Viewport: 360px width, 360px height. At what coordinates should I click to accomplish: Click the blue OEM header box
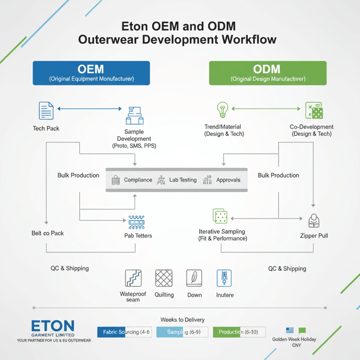point(91,73)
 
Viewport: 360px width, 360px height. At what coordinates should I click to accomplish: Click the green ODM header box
point(267,73)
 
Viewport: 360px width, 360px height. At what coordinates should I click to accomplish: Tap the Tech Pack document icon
point(46,111)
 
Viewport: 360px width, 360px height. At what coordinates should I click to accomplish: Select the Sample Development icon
point(134,116)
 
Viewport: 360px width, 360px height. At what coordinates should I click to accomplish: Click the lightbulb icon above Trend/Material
point(222,110)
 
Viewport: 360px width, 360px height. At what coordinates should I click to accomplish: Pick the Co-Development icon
point(313,111)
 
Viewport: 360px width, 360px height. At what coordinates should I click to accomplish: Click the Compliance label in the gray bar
point(138,180)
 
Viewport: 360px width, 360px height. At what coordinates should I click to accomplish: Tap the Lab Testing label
point(183,180)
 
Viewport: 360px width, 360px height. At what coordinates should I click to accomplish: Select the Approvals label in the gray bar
point(228,180)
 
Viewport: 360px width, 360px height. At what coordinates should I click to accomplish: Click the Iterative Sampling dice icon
point(220,217)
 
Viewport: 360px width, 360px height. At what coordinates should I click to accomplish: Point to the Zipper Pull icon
point(314,221)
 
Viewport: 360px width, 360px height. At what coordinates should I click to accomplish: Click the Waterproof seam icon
point(133,278)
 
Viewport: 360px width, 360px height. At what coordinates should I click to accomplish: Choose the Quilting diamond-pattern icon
point(164,278)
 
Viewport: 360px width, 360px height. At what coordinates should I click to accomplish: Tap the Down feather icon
point(194,278)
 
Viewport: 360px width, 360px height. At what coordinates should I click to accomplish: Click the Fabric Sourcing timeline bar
point(124,332)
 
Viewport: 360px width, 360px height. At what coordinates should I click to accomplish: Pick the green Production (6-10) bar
point(239,332)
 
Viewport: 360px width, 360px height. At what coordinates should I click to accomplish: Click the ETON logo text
point(52,326)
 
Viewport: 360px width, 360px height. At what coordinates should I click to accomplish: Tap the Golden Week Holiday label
point(294,339)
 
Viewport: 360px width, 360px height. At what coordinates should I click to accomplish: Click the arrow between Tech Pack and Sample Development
point(89,109)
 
